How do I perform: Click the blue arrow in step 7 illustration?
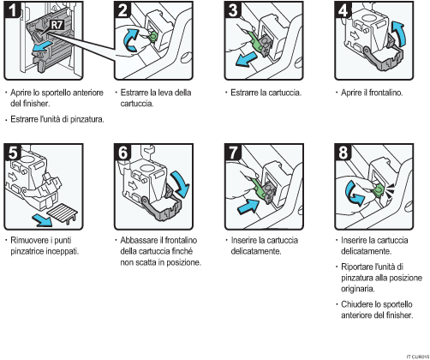(249, 206)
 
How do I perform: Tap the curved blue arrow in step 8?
(355, 195)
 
